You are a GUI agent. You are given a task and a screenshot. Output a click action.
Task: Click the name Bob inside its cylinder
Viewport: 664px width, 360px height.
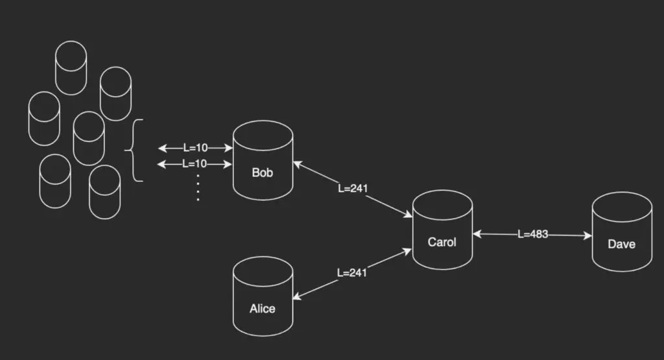263,173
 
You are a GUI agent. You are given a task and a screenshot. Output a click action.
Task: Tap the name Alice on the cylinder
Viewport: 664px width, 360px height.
263,309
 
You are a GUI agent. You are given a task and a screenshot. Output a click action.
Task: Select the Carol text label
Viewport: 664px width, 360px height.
442,242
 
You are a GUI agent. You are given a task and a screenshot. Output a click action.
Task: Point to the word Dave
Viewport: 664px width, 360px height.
622,244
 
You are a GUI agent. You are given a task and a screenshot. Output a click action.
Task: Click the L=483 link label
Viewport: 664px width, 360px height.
533,234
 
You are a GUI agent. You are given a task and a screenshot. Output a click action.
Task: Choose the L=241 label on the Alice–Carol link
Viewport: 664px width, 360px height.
352,272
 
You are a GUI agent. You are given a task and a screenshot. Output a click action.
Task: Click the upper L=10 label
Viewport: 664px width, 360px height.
195,148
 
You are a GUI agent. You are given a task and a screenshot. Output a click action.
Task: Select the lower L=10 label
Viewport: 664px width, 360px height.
195,163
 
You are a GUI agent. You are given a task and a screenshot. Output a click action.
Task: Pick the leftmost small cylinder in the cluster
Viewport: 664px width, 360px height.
44,118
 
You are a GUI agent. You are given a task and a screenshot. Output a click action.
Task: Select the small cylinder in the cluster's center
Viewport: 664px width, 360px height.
89,138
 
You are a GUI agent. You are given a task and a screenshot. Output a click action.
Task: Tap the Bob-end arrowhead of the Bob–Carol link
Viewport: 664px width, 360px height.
298,163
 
